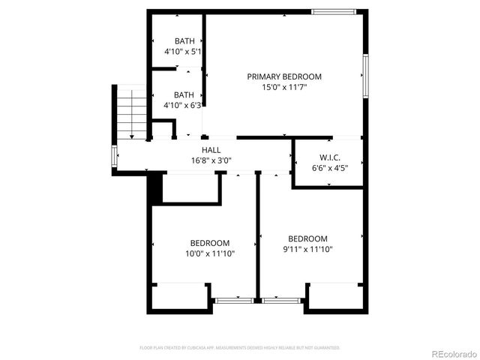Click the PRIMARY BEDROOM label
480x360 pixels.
[284, 76]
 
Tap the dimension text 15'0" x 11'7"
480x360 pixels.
[284, 87]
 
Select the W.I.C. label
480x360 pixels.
[330, 157]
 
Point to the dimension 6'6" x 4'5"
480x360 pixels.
[330, 168]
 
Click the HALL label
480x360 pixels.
[211, 150]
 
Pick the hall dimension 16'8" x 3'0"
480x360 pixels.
[211, 160]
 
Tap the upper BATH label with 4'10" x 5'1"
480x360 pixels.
[184, 41]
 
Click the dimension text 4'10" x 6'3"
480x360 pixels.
[184, 106]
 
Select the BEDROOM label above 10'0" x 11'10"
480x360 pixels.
[210, 243]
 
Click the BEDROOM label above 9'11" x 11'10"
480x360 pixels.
[307, 239]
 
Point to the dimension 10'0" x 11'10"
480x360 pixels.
[210, 253]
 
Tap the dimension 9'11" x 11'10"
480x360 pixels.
[307, 250]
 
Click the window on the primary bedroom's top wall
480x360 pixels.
[333, 11]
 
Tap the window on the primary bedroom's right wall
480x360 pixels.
[365, 75]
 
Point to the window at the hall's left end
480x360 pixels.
[114, 156]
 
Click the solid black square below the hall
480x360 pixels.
[155, 188]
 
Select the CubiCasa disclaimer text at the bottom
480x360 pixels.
[240, 348]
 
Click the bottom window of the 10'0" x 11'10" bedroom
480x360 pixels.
[233, 301]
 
